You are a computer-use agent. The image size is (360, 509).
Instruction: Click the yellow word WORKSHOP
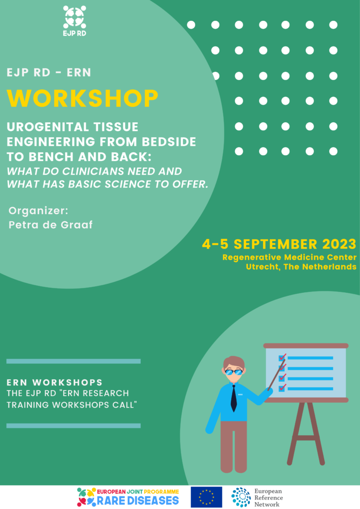click(83, 98)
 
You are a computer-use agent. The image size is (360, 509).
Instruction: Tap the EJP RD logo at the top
click(75, 20)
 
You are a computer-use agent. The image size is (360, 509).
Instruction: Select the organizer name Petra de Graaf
click(51, 225)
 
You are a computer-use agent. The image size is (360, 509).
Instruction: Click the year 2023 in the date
click(339, 244)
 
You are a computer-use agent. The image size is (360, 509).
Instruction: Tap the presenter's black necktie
click(234, 398)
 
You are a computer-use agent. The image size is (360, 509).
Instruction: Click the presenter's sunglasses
click(234, 372)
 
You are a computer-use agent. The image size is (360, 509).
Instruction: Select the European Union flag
click(206, 497)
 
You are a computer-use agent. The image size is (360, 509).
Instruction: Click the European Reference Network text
click(269, 498)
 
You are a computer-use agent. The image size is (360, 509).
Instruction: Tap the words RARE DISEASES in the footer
click(138, 500)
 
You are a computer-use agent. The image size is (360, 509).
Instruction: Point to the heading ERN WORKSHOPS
click(55, 382)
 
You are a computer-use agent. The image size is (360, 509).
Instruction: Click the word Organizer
click(38, 211)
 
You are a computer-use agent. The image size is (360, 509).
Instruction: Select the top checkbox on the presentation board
click(282, 358)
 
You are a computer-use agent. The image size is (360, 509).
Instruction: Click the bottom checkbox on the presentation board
click(282, 388)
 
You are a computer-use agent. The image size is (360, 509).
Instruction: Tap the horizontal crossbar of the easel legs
click(306, 437)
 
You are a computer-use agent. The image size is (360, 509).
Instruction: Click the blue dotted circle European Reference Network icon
click(241, 497)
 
